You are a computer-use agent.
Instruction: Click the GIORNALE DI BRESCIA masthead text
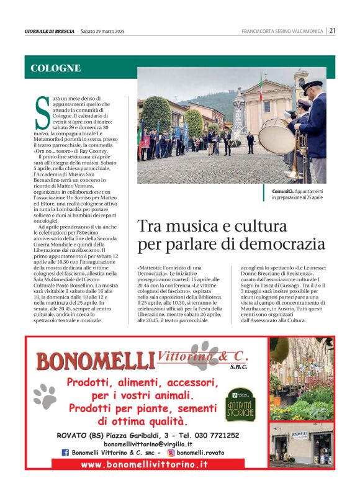(50, 31)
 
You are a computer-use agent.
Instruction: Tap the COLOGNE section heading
(56, 68)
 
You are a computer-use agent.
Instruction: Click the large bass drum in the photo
(276, 136)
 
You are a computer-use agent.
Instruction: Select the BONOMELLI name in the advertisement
(94, 361)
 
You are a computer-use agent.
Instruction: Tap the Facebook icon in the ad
(65, 453)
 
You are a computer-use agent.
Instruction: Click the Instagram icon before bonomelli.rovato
(171, 453)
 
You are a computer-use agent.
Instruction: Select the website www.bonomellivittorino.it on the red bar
(145, 464)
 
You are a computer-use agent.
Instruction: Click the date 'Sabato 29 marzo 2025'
(103, 31)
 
